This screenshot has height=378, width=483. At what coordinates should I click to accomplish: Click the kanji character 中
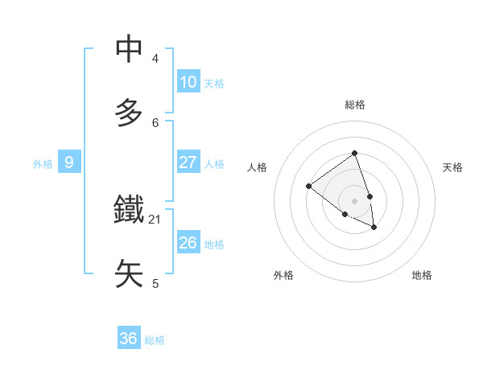(130, 49)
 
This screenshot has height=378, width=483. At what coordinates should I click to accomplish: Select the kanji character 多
(130, 112)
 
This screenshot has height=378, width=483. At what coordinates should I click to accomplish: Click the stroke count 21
(155, 219)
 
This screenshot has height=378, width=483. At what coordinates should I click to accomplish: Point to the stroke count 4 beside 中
(155, 59)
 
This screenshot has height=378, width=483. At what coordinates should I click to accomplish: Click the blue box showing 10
(188, 82)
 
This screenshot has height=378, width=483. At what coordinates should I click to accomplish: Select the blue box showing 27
(188, 162)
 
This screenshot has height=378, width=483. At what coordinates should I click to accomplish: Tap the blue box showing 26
(188, 243)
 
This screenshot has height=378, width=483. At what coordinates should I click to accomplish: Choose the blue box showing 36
(129, 339)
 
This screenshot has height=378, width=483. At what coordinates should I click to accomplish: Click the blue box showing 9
(69, 162)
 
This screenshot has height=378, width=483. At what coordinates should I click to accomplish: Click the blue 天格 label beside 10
(214, 84)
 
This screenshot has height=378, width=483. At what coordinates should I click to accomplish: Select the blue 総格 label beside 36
(155, 340)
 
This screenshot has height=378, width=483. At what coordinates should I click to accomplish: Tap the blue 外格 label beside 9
(43, 164)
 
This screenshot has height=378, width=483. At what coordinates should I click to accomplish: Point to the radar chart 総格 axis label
(354, 105)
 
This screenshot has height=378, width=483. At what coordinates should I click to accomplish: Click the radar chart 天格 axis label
(452, 167)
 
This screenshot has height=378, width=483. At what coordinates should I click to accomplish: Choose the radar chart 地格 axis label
(422, 275)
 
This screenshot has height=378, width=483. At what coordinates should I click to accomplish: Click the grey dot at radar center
(354, 200)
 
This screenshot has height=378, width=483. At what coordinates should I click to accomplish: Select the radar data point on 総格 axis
(354, 153)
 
